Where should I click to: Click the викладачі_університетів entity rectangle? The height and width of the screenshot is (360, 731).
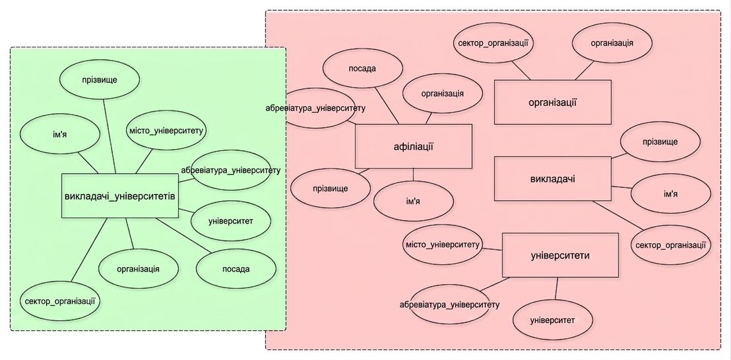pos(120,196)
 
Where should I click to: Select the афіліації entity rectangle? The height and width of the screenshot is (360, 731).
pos(414,146)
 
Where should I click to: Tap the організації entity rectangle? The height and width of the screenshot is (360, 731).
pos(552,102)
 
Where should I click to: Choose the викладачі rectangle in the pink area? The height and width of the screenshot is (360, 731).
pos(552,179)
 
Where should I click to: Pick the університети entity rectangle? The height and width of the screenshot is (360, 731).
pos(560,255)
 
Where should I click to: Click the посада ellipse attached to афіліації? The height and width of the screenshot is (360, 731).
pos(362,68)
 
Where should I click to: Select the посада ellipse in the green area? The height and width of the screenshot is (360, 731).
pos(236,269)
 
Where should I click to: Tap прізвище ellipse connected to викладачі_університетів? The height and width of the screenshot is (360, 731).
pos(100,80)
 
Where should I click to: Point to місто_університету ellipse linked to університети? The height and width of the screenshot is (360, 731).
pos(442,245)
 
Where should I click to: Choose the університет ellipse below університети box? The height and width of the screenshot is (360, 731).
pos(552,320)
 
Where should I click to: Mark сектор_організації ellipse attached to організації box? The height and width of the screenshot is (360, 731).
pos(493,43)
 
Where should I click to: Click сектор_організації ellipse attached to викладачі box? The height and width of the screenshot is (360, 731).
pos(670,245)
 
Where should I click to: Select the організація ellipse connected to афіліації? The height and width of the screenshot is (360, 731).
pos(443,94)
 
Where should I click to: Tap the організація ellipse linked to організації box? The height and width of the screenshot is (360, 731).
pos(612,43)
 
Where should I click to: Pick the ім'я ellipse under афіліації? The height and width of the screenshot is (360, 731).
pos(414,200)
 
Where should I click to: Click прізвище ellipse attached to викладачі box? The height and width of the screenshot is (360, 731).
pos(660,142)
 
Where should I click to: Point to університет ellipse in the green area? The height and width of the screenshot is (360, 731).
pos(230,221)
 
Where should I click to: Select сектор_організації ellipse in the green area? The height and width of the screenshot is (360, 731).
pos(60,301)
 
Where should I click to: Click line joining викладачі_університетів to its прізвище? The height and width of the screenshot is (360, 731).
pos(110,136)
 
